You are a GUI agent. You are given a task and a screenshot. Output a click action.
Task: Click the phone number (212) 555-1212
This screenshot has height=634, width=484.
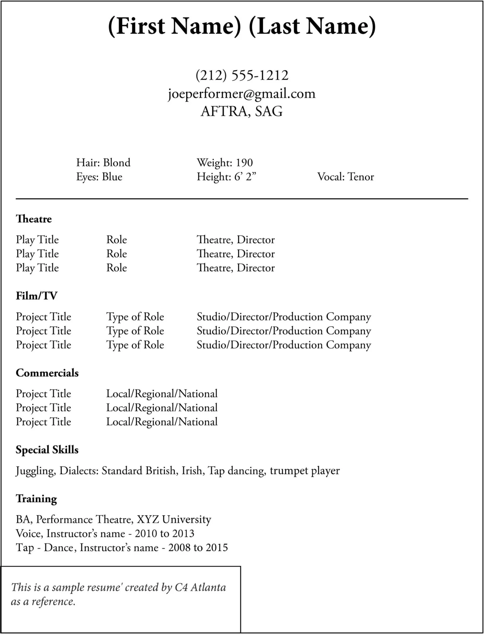[x=242, y=75]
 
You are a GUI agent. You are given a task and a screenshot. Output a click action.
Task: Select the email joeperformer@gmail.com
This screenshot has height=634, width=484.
[x=242, y=93]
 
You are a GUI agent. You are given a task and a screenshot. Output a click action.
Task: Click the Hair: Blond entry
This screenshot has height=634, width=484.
[x=103, y=163]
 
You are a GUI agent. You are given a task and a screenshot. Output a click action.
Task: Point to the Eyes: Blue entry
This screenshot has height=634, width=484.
[x=99, y=177]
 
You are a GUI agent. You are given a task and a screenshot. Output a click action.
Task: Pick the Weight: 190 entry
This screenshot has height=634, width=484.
[x=225, y=163]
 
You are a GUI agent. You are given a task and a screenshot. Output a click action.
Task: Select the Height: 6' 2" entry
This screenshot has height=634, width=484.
[x=227, y=177]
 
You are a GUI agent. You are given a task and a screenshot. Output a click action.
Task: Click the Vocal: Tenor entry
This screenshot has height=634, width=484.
[x=345, y=177]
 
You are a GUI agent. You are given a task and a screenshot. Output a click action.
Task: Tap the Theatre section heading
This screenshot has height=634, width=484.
[x=34, y=219]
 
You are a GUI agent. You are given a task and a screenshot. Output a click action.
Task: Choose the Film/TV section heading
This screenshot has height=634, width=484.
[x=37, y=296]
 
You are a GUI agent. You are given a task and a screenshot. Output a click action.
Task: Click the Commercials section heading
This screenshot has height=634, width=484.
[x=47, y=373]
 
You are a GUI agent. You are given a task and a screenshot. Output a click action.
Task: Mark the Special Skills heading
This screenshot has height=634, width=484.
[x=47, y=449]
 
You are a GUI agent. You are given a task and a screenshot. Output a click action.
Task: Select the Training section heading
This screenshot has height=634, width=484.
[x=37, y=498]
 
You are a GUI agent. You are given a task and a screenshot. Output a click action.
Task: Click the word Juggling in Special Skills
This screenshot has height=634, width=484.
[x=36, y=471]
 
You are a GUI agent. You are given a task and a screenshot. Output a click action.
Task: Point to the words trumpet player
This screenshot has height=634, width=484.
[x=305, y=471]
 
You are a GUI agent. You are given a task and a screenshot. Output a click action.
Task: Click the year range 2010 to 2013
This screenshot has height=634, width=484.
[x=165, y=533]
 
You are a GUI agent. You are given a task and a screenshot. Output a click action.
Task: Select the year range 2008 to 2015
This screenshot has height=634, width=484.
[x=198, y=548]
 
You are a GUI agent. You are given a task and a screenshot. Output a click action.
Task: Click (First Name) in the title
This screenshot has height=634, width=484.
[x=174, y=26]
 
